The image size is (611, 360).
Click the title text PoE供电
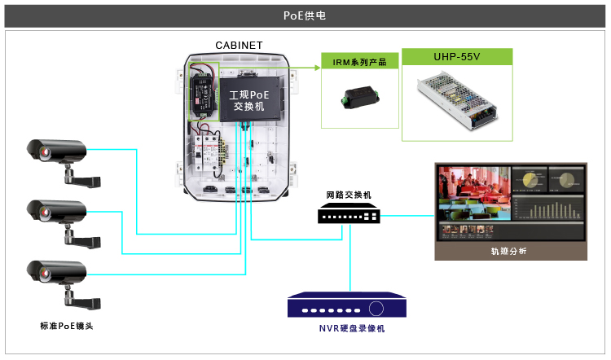tap(305, 15)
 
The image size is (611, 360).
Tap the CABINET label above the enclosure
tap(238, 46)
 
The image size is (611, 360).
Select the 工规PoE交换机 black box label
tap(248, 100)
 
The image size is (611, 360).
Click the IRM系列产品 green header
tap(359, 62)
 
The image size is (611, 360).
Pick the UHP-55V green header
tap(455, 57)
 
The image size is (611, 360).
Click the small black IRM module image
tap(358, 100)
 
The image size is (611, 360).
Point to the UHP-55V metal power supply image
tap(457, 100)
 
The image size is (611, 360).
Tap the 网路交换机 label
tap(348, 195)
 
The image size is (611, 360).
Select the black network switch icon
tap(349, 214)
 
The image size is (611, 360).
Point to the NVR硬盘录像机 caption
tap(350, 328)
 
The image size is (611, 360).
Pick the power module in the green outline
tap(202, 91)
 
